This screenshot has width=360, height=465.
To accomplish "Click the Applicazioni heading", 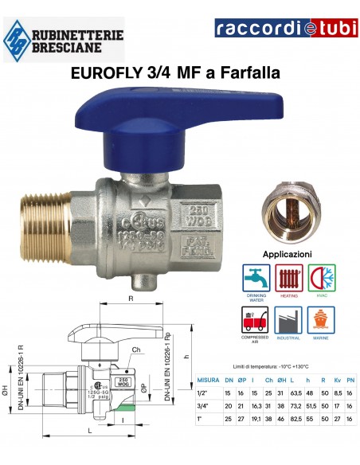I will [x=287, y=254].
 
